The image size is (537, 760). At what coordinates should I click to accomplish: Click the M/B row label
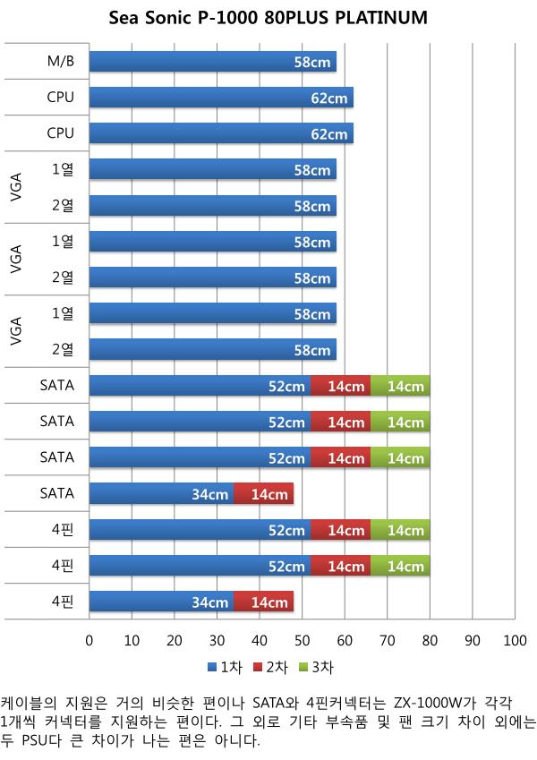tap(61, 61)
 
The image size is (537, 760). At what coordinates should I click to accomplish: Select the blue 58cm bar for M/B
tap(213, 62)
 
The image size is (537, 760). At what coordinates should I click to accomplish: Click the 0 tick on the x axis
tap(89, 641)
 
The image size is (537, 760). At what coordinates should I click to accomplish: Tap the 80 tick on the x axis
tap(430, 641)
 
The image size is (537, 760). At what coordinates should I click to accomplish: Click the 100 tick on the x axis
tap(515, 641)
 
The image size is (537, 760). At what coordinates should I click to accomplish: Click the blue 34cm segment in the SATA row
tap(162, 493)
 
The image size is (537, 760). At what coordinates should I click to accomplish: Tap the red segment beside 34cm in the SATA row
tap(264, 493)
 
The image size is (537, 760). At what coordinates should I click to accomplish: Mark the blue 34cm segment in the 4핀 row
tap(162, 601)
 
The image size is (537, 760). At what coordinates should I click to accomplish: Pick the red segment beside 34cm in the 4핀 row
tap(264, 601)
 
